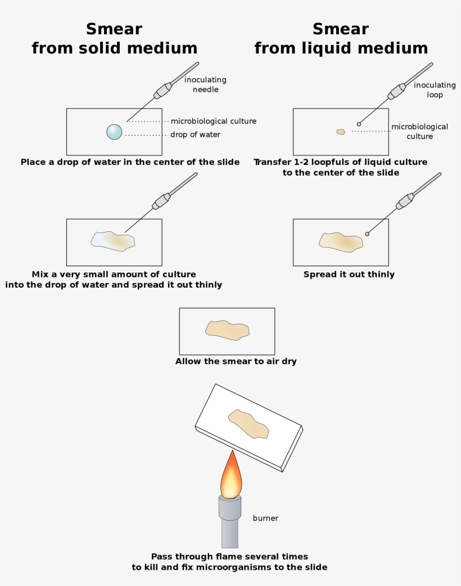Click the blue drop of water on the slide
point(114,132)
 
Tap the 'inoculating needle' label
point(205,84)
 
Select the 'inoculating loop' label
point(435,90)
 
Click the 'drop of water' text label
point(195,135)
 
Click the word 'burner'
point(265,518)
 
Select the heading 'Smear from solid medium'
point(114,38)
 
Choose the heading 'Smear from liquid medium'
point(341,38)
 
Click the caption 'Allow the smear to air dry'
point(236,361)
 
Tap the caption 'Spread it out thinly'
point(349,275)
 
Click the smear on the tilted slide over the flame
point(248,424)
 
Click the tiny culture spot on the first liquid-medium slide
point(340,132)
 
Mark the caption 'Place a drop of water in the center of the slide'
point(130,162)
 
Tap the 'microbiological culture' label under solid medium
point(213,121)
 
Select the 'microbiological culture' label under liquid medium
point(419,132)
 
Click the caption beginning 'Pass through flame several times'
point(229,562)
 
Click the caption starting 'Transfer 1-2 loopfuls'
point(340,167)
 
